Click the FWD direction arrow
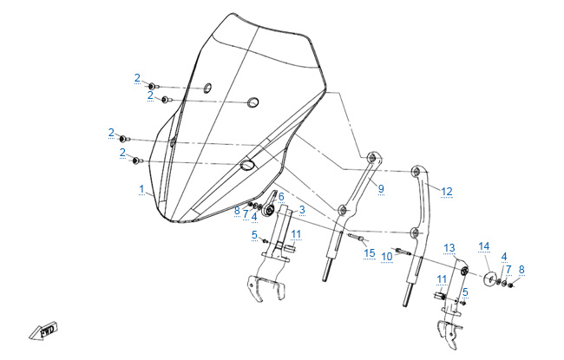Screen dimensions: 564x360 (43, 331)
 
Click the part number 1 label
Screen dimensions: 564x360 (141, 189)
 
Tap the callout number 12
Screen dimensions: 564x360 (447, 192)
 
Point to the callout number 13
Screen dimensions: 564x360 (449, 248)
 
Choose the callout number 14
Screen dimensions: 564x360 (484, 246)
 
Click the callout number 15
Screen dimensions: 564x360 (370, 253)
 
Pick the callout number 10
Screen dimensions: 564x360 (387, 257)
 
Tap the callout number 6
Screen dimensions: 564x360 (281, 197)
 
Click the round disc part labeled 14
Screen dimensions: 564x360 (490, 279)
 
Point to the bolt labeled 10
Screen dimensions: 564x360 (403, 252)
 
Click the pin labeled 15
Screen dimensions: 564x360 (357, 237)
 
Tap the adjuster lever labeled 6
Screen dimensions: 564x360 (270, 205)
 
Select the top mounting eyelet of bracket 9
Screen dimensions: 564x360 (373, 157)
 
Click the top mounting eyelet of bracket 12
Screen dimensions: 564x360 (417, 171)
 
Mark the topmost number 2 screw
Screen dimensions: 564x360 (154, 87)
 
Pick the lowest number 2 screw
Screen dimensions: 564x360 (137, 160)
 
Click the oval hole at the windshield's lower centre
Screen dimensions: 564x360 (247, 165)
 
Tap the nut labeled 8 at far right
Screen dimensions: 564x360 (510, 285)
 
